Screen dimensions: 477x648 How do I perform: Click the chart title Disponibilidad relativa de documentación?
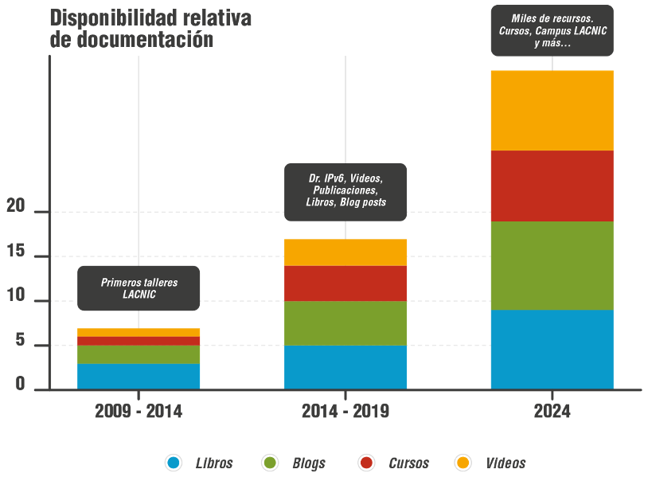pos(150,29)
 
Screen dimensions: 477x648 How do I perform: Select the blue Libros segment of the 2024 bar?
pos(552,349)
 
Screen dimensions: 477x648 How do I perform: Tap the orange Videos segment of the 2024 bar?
pos(552,110)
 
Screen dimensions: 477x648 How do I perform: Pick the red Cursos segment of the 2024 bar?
pos(552,186)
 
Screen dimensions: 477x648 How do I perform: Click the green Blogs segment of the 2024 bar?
pos(552,265)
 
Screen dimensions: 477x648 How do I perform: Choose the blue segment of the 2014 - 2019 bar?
pos(345,366)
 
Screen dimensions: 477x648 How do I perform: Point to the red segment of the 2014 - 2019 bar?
pos(345,283)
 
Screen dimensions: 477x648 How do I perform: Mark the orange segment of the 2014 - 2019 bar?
pos(345,252)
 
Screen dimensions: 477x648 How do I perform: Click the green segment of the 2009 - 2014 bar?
pos(139,354)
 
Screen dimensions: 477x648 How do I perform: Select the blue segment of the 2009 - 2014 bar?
pos(139,376)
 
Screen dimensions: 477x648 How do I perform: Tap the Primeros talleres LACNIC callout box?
pos(139,288)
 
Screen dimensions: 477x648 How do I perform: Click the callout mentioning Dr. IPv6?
pos(345,191)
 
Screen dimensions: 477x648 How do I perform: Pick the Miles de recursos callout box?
pos(552,31)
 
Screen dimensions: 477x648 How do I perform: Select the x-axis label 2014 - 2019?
pos(345,412)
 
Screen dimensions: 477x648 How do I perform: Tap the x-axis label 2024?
pos(552,412)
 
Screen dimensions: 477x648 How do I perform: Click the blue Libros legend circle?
pos(174,463)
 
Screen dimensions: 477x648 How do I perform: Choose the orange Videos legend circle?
pos(463,463)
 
